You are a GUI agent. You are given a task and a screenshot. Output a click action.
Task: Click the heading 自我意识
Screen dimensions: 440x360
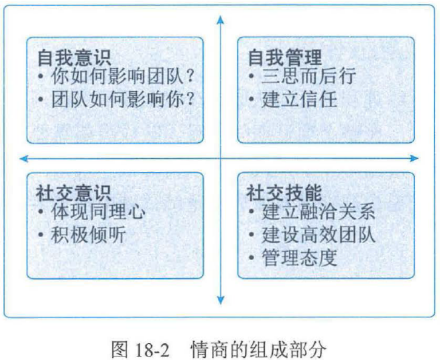pyautogui.click(x=74, y=57)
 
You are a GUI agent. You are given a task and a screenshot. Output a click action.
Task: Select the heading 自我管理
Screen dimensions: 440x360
pyautogui.click(x=284, y=57)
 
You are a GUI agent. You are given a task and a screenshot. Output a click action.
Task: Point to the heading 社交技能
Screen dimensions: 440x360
pyautogui.click(x=284, y=193)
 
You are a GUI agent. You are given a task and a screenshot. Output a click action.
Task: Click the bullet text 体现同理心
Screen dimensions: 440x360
pyautogui.click(x=98, y=212)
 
